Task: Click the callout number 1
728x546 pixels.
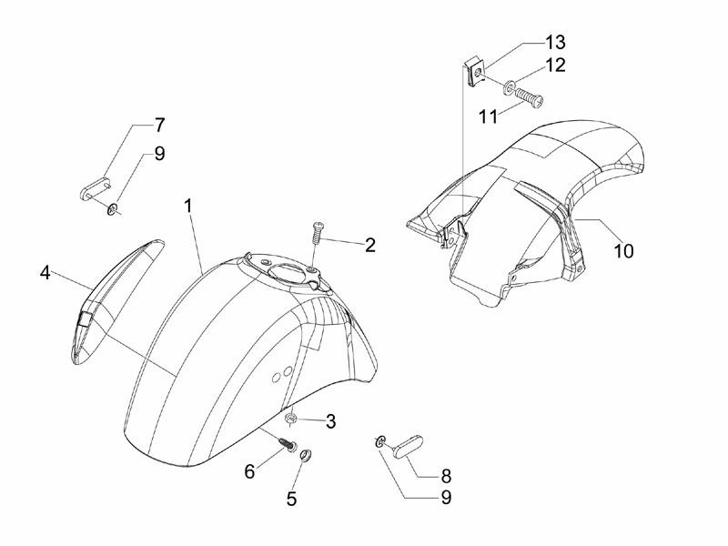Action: pyautogui.click(x=187, y=207)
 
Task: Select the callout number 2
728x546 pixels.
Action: pyautogui.click(x=369, y=245)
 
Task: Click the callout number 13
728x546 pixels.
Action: pyautogui.click(x=555, y=42)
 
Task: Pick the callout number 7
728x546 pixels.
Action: pyautogui.click(x=159, y=125)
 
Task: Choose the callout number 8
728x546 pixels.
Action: pyautogui.click(x=446, y=475)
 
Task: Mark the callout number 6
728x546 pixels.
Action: pyautogui.click(x=249, y=471)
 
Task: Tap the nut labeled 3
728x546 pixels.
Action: pyautogui.click(x=291, y=418)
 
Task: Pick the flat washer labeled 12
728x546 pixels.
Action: pyautogui.click(x=509, y=86)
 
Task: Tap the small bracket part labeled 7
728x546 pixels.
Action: pyautogui.click(x=96, y=188)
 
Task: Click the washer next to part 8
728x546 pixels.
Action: pyautogui.click(x=380, y=441)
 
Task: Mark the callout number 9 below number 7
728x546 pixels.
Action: pyautogui.click(x=159, y=153)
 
